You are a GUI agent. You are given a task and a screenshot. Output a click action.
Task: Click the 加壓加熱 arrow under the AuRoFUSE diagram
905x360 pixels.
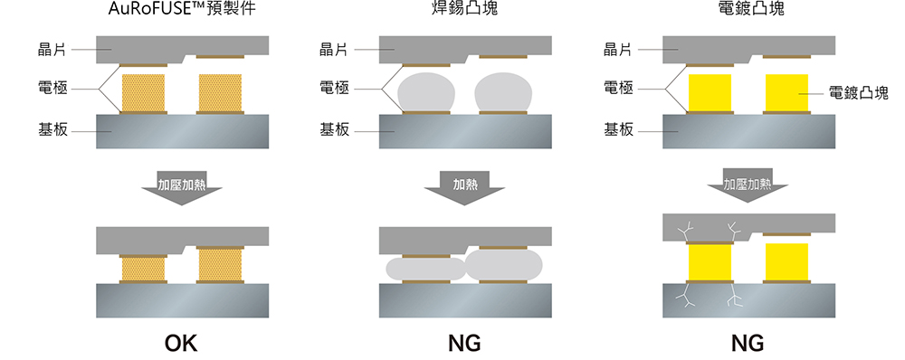[183, 185]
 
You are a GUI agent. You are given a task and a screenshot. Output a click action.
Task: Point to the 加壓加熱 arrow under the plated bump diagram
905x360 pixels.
[748, 185]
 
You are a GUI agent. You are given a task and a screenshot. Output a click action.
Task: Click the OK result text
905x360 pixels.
[181, 344]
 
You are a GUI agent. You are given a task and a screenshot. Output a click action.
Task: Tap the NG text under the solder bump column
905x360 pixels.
[464, 344]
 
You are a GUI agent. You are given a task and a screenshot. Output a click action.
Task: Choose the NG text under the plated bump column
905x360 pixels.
[748, 344]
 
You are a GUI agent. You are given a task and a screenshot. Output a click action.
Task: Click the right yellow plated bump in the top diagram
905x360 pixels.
[786, 92]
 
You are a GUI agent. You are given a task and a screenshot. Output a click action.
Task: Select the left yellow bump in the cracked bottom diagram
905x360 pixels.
[710, 262]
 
